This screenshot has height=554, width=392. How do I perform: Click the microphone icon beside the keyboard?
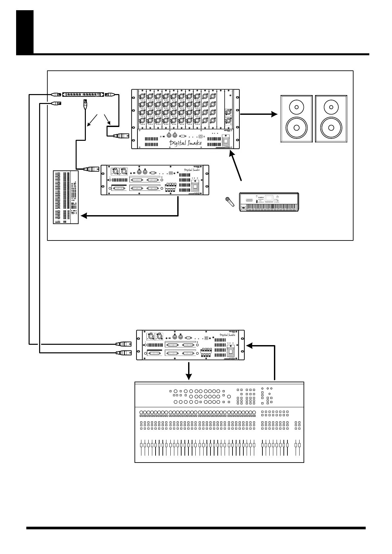tap(230, 201)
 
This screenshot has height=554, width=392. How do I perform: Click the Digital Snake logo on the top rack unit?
tap(185, 142)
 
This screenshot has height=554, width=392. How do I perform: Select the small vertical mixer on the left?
tap(66, 197)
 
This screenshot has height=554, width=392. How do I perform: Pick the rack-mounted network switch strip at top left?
tap(83, 95)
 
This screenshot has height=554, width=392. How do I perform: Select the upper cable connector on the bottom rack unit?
tap(123, 344)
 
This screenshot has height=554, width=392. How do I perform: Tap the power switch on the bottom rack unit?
tap(231, 352)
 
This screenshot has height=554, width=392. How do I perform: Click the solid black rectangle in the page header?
tap(25, 32)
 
